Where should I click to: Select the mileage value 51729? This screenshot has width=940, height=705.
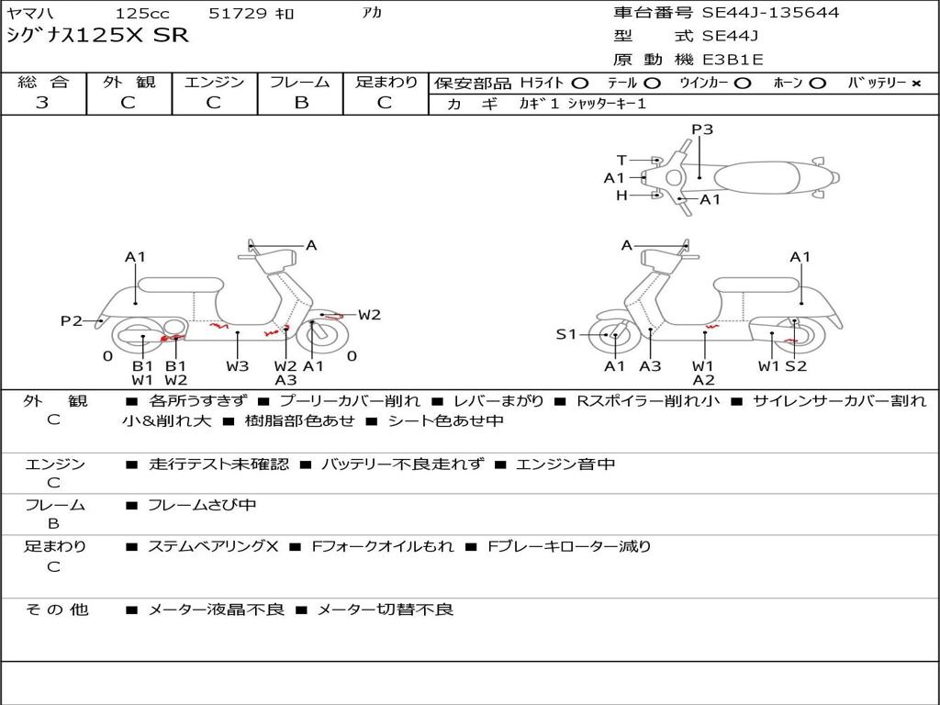238,14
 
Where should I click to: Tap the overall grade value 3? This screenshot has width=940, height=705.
42,103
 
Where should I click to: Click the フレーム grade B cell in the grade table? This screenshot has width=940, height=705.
301,103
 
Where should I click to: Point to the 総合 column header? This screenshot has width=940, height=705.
43,82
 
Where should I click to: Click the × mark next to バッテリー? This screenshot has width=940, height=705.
915,83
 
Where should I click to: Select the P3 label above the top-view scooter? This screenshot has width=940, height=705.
702,129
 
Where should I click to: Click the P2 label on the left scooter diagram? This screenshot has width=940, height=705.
72,320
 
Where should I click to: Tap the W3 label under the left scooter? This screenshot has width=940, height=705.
237,365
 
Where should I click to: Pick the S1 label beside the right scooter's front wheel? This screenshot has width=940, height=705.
566,334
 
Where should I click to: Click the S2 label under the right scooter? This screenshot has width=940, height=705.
796,365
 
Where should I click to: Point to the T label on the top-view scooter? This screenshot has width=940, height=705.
621,160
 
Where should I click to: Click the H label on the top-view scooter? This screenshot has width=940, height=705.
621,195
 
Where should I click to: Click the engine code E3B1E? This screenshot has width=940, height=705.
733,60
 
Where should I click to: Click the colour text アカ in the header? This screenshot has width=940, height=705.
372,13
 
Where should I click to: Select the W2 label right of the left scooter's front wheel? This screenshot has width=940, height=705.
369,315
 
